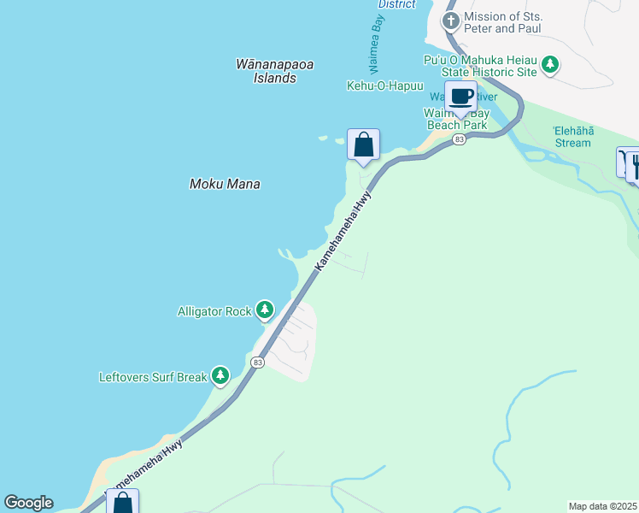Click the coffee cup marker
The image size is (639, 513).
pos(461,97)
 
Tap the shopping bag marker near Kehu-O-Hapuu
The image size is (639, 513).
pos(363,144)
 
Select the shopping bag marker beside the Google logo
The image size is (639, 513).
pos(122,502)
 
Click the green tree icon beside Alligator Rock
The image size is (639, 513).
pos(265,310)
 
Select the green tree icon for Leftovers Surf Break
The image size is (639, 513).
pos(220,374)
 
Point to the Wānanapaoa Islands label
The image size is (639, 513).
pos(267,71)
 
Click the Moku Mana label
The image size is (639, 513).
pos(224,184)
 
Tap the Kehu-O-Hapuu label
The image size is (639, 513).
pos(380,86)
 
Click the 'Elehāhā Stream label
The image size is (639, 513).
pos(572,136)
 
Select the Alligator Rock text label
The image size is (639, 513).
pos(214,311)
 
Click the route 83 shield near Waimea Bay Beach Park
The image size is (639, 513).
pos(460,139)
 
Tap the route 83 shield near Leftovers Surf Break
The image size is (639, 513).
pos(258,363)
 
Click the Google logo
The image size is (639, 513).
pos(28,503)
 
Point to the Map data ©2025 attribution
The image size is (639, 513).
pos(602,505)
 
